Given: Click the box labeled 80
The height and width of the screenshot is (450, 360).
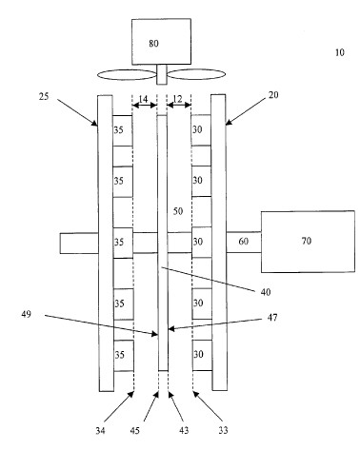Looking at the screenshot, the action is click(161, 42).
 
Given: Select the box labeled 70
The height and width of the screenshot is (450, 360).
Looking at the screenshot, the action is click(308, 242).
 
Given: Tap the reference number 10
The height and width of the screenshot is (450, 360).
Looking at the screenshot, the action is click(340, 52).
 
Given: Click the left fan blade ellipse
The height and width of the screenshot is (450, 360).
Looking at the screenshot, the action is click(127, 75).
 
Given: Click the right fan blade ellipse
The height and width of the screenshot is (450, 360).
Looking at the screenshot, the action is click(196, 74).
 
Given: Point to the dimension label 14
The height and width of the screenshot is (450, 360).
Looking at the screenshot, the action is click(143, 99).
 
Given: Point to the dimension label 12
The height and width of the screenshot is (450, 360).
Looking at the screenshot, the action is click(178, 99).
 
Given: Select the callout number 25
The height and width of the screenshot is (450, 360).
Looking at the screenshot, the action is click(44, 96).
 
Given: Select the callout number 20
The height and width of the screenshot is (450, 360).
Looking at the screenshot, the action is click(273, 95).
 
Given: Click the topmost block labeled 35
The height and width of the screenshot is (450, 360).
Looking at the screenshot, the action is click(123, 130).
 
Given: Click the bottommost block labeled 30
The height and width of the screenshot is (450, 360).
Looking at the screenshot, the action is click(202, 355).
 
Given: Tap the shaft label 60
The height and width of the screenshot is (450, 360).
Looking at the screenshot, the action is click(243, 242).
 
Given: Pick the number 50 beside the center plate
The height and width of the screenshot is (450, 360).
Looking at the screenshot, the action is click(178, 211).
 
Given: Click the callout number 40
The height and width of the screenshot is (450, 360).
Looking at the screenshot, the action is click(266, 292).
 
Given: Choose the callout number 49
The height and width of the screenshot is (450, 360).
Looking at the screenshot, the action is click(27, 314).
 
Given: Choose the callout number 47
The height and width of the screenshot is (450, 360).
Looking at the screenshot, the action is click(272, 318).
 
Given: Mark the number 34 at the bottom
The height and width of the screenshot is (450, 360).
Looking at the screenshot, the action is click(100, 431).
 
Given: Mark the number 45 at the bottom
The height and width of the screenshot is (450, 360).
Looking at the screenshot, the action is click(135, 431).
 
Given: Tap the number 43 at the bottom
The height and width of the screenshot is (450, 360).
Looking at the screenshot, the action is click(184, 430).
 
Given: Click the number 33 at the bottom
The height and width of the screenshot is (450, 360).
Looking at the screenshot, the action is click(223, 430).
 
